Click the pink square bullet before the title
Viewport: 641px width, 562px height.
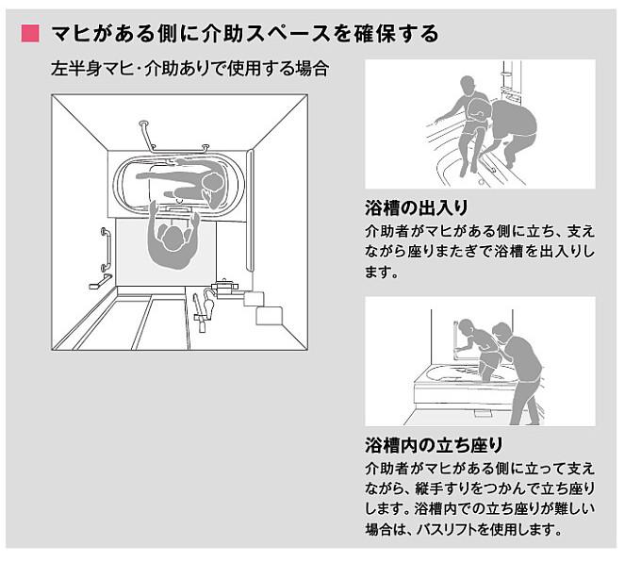pyautogui.click(x=28, y=34)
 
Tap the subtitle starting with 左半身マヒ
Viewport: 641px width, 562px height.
pyautogui.click(x=189, y=70)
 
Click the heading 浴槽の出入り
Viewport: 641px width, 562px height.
pyautogui.click(x=416, y=207)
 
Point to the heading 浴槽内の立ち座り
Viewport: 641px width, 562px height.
pyautogui.click(x=433, y=444)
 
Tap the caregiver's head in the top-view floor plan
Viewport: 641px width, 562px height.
pyautogui.click(x=172, y=238)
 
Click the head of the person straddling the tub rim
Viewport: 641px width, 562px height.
pyautogui.click(x=463, y=86)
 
